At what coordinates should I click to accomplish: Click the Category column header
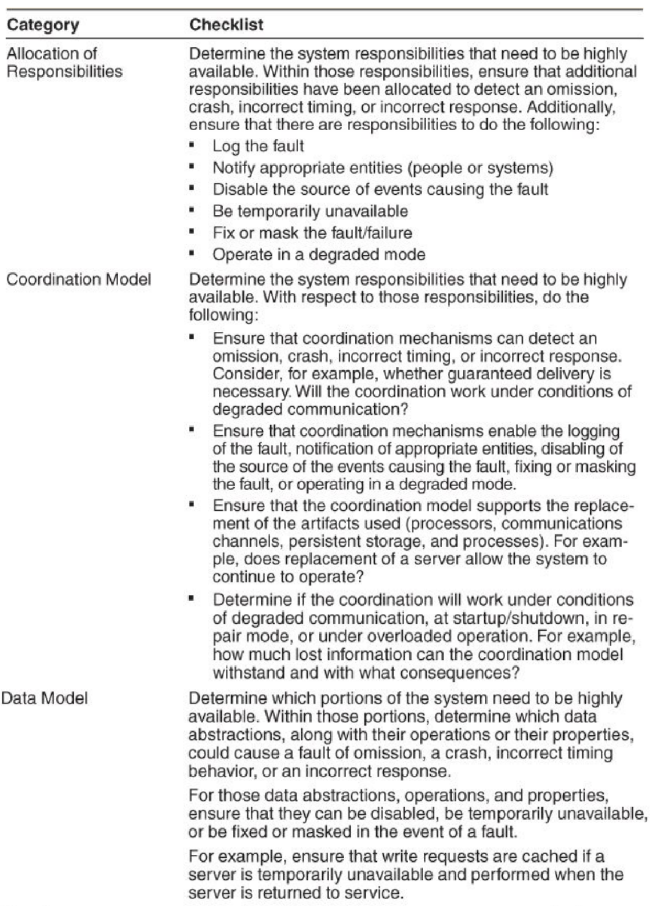pyautogui.click(x=43, y=25)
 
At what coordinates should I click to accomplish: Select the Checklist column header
pyautogui.click(x=226, y=25)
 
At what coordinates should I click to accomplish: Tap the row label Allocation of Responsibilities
pyautogui.click(x=64, y=62)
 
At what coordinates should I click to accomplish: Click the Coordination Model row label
pyautogui.click(x=79, y=279)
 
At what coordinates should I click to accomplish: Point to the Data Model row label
pyautogui.click(x=45, y=698)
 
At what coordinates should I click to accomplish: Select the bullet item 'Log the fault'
pyautogui.click(x=258, y=146)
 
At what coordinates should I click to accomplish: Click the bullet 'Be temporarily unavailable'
pyautogui.click(x=310, y=211)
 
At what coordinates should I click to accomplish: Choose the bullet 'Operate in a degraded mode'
pyautogui.click(x=318, y=255)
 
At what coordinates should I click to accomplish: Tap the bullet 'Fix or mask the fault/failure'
pyautogui.click(x=312, y=233)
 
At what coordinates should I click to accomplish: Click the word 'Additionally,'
pyautogui.click(x=571, y=107)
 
